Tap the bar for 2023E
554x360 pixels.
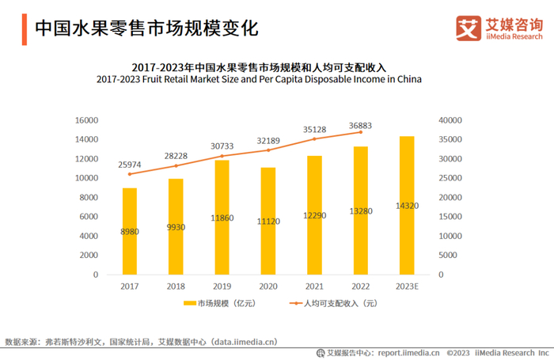point(406,206)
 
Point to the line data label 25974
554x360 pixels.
point(131,165)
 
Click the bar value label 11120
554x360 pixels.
point(268,222)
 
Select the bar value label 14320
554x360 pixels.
point(407,207)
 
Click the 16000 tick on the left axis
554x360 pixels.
point(85,120)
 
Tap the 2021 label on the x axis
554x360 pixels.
point(314,286)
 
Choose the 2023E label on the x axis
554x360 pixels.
point(407,286)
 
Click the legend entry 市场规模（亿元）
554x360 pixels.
point(217,303)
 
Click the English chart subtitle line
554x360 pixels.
point(259,80)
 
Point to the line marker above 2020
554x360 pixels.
point(268,150)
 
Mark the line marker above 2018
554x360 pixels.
point(176,165)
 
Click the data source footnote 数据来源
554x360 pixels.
point(142,343)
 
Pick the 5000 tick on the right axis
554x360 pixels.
point(446,256)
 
